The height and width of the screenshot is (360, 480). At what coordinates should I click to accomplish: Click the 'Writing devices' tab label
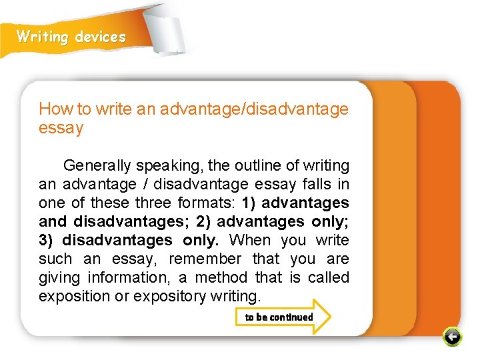(x=71, y=37)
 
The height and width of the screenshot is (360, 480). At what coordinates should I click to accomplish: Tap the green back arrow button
(x=451, y=337)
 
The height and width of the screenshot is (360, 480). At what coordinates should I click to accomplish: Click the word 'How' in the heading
(x=51, y=109)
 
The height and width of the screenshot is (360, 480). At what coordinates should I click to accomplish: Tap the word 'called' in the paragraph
(x=327, y=277)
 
